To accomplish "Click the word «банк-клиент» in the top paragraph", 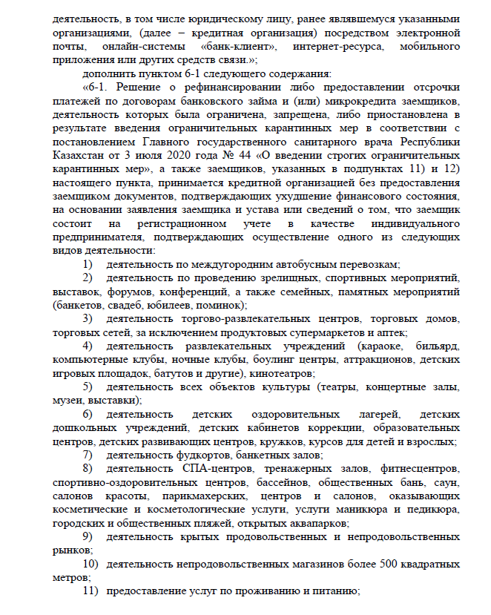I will [x=239, y=46].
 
